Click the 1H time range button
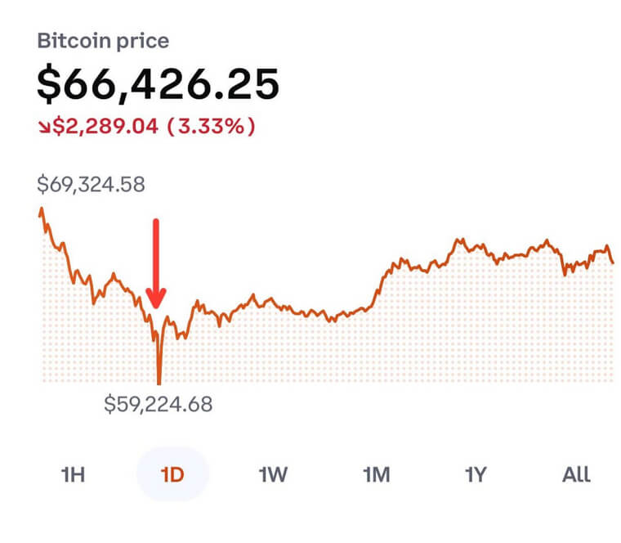point(73,474)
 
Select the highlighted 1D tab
point(172,474)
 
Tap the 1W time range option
point(273,474)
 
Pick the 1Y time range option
point(476,474)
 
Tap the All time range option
point(576,474)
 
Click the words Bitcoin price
point(103,42)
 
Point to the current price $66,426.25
point(159,83)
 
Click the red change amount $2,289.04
point(107,127)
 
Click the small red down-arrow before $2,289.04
point(44,128)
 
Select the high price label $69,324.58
point(91,184)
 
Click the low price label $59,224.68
point(159,403)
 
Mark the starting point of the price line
point(40,209)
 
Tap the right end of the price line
point(613,263)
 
